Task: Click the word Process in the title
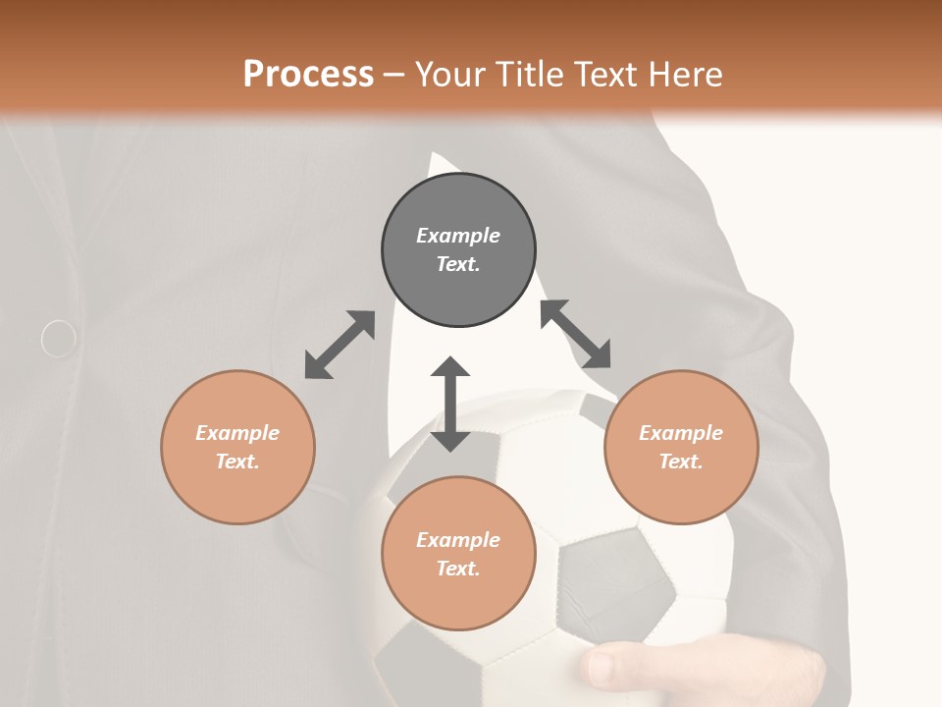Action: tap(308, 75)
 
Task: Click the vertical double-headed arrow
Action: tap(450, 404)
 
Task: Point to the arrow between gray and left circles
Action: tap(340, 345)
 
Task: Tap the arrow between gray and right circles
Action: tap(576, 334)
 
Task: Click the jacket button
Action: tap(59, 339)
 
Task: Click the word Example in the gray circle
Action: tap(458, 236)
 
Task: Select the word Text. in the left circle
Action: tap(237, 462)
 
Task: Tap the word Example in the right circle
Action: tap(681, 433)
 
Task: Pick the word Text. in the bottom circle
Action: tap(458, 569)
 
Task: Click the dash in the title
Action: tap(394, 75)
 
